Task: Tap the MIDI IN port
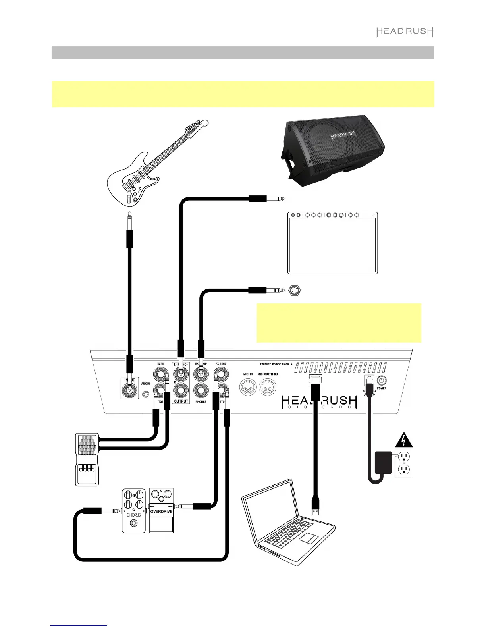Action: tap(248, 387)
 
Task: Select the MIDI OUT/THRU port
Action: tap(267, 387)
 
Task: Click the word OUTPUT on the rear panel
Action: tap(181, 401)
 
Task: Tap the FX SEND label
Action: tap(221, 363)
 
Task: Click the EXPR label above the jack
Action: tap(160, 363)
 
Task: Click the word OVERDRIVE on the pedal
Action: tap(161, 511)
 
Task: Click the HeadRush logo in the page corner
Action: tap(405, 32)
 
